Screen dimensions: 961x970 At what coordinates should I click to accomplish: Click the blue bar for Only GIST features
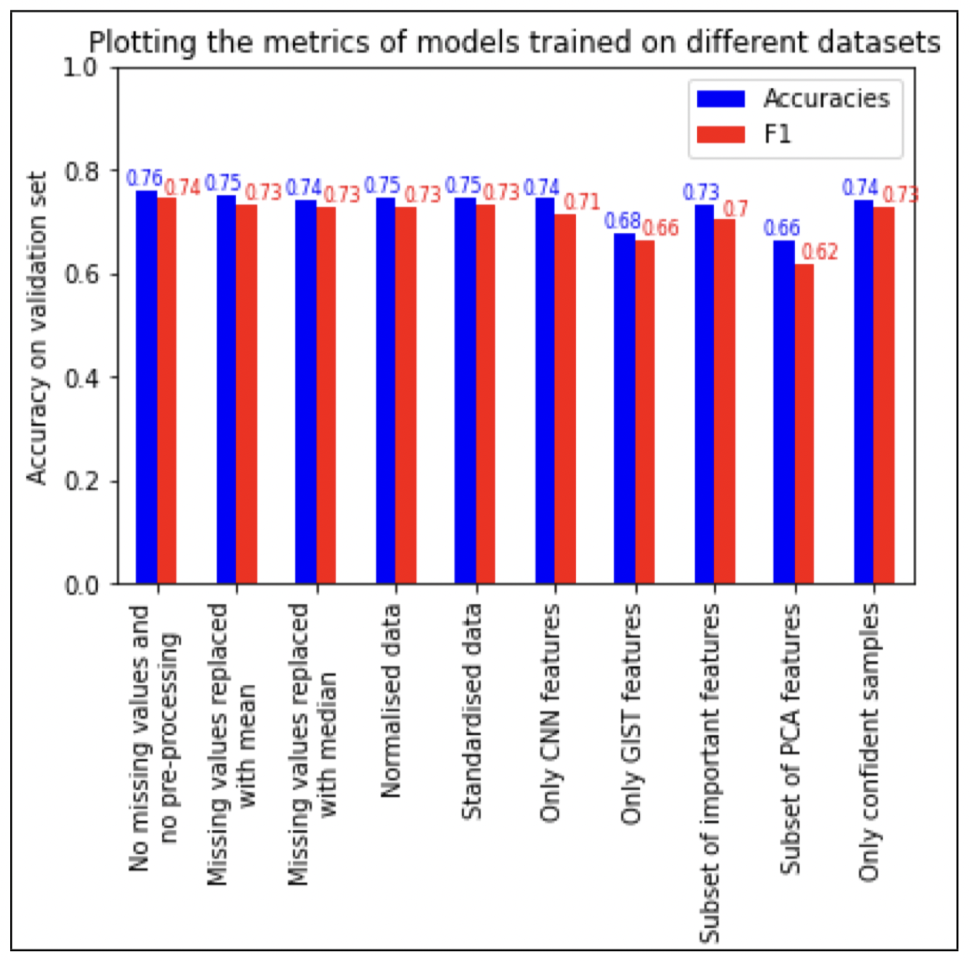coord(625,409)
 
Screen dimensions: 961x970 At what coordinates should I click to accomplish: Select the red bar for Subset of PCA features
coord(804,424)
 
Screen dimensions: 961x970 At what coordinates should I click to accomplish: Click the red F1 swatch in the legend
coord(720,135)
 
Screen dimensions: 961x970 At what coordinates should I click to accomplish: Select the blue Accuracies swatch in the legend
coord(720,99)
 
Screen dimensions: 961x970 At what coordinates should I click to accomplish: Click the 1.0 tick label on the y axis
coord(81,68)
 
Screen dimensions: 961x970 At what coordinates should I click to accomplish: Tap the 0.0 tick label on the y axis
coord(81,585)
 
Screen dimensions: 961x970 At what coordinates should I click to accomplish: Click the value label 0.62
coord(819,252)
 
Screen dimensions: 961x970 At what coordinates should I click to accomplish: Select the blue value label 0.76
coord(144,178)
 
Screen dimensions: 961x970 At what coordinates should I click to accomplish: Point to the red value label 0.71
coord(581,202)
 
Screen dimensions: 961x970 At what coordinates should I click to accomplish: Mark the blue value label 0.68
coord(622,222)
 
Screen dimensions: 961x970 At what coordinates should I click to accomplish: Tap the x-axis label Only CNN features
coord(550,713)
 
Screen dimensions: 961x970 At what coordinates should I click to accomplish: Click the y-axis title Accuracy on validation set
coord(37,328)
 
